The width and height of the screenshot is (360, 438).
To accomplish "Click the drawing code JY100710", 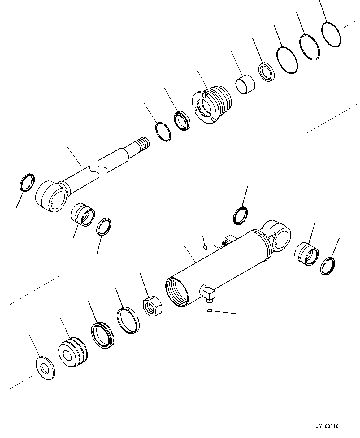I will pos(327,426).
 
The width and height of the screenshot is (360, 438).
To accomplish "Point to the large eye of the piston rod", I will pos(51,197).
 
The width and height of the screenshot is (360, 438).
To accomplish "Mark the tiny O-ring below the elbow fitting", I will pos(210,310).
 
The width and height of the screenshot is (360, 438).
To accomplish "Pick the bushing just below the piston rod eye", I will pos(83,214).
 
